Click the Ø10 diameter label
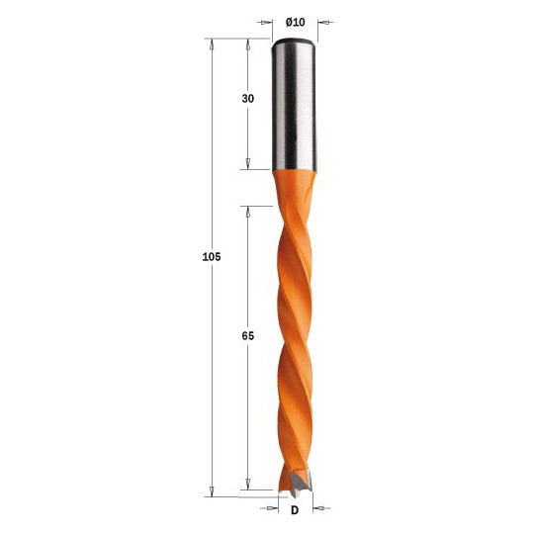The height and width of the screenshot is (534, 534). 296,23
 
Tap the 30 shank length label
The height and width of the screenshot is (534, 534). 248,99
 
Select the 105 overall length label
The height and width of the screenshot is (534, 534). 212,257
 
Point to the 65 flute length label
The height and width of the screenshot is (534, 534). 248,336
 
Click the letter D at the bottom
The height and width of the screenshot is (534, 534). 295,510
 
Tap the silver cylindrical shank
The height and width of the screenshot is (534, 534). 295,105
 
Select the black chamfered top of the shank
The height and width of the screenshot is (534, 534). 295,42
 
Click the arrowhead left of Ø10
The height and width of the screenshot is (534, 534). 267,23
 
